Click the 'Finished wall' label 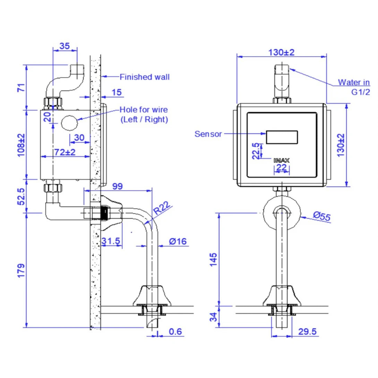click(x=145, y=77)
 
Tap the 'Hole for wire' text click(x=144, y=110)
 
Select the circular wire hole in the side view click(x=69, y=123)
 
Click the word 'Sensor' click(x=208, y=134)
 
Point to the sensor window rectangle click(x=282, y=137)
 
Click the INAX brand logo click(x=282, y=160)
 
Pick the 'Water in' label click(x=354, y=83)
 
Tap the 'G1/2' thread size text click(x=360, y=92)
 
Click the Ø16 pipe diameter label click(x=178, y=241)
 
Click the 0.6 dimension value click(x=175, y=332)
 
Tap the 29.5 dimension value click(x=308, y=332)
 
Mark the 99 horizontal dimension click(x=118, y=186)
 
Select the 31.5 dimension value click(x=111, y=241)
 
